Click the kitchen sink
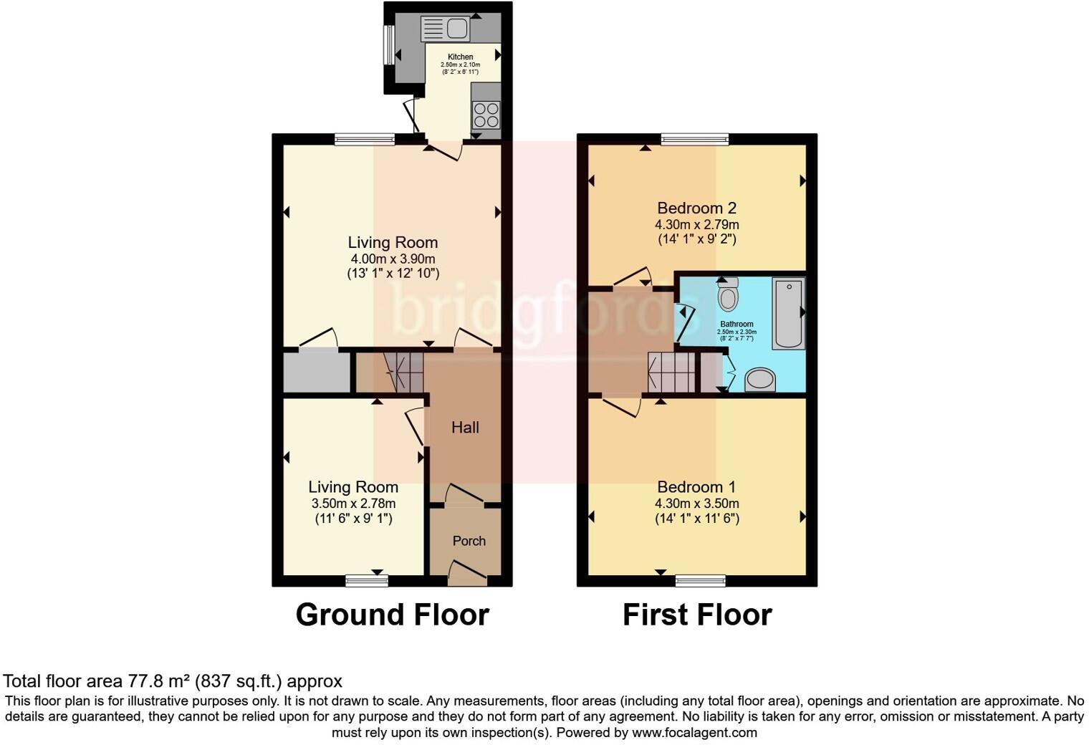(x=445, y=29)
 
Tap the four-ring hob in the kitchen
(x=486, y=115)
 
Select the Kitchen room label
(x=460, y=57)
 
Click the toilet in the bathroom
(x=728, y=295)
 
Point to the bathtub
(x=788, y=313)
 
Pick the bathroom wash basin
(x=760, y=380)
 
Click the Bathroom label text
(x=737, y=324)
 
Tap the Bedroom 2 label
(x=696, y=208)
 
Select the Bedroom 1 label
(x=696, y=487)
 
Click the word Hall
(x=465, y=428)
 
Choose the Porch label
(x=469, y=541)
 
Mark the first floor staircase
(x=671, y=372)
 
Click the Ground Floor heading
(x=392, y=615)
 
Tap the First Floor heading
(x=696, y=615)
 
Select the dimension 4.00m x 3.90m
(x=393, y=259)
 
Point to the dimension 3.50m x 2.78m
(x=353, y=504)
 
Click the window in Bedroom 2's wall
(x=694, y=139)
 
